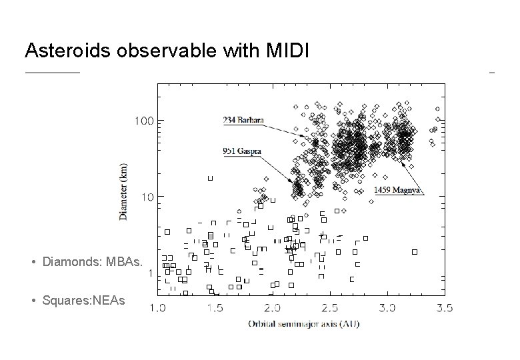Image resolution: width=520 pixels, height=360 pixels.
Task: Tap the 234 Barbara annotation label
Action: coord(243,121)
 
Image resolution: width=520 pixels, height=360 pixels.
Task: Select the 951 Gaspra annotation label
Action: coord(242,151)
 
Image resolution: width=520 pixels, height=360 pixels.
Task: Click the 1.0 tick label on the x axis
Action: coord(157,307)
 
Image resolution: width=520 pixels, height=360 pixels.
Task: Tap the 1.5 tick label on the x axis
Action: coord(215,307)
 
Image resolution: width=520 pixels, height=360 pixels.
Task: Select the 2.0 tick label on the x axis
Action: coord(272,307)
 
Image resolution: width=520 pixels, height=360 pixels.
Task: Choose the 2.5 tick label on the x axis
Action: coord(329,307)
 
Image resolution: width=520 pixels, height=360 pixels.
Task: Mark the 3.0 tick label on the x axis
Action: coord(387,307)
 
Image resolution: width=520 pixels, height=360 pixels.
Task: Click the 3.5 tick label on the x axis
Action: coord(444,307)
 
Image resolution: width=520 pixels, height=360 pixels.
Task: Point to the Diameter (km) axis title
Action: coord(124,191)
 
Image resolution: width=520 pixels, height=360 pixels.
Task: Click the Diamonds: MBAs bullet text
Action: coord(92,262)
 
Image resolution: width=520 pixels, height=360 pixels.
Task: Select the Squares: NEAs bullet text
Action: coord(83,301)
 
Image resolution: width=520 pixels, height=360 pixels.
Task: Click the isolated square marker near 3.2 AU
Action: coord(415,252)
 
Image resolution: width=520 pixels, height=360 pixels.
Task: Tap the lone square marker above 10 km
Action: coord(211,178)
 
